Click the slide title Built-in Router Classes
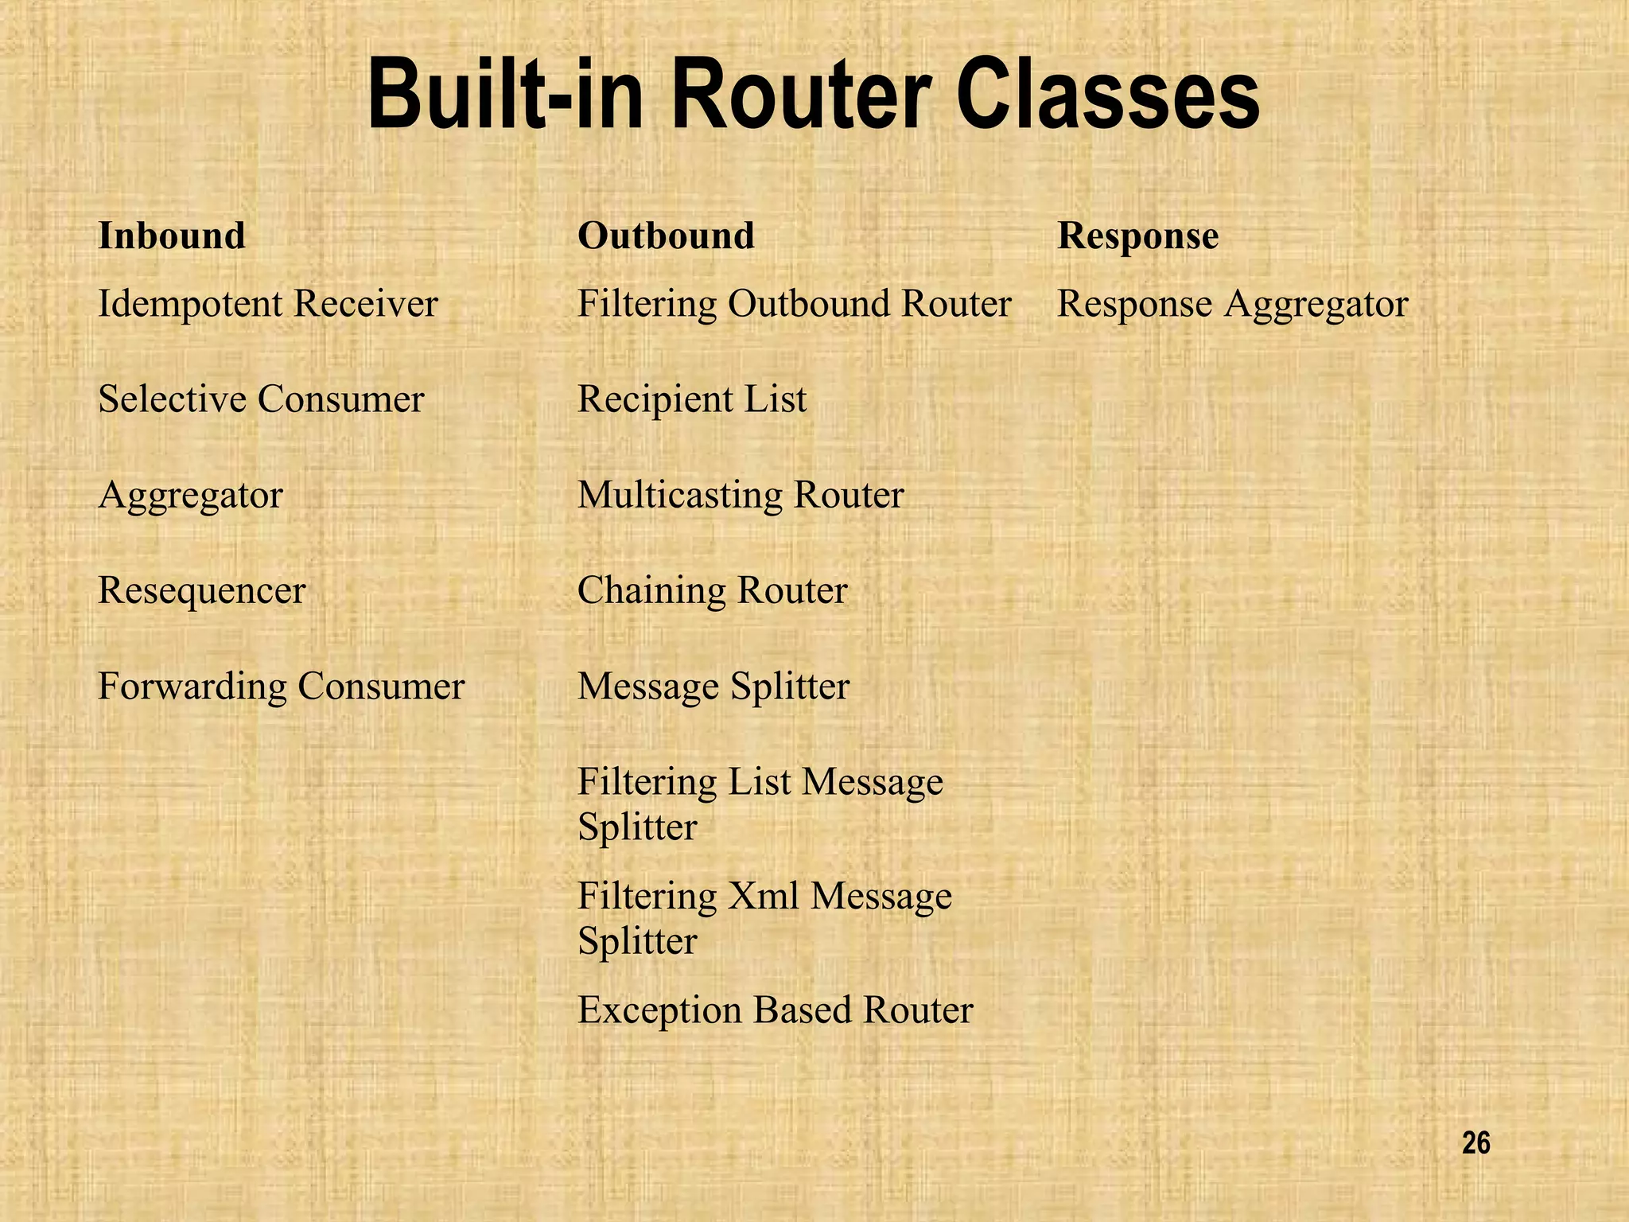pyautogui.click(x=813, y=95)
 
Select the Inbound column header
pyautogui.click(x=172, y=235)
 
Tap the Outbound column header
pyautogui.click(x=666, y=235)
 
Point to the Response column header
pyautogui.click(x=1137, y=235)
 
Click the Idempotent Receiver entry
pyautogui.click(x=268, y=304)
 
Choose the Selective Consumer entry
pyautogui.click(x=261, y=399)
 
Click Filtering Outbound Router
pyautogui.click(x=794, y=304)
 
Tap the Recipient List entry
pyautogui.click(x=692, y=399)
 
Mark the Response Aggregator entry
pyautogui.click(x=1232, y=304)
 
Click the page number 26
pyautogui.click(x=1475, y=1144)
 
